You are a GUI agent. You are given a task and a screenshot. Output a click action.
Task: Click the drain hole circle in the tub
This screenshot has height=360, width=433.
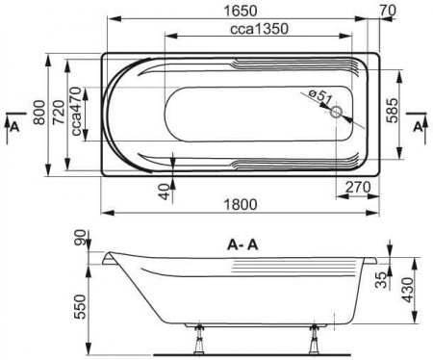(x=336, y=113)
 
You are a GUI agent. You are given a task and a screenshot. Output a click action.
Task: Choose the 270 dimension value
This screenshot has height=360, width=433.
(x=357, y=188)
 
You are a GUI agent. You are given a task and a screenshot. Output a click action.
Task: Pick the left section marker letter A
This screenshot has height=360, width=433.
(x=13, y=125)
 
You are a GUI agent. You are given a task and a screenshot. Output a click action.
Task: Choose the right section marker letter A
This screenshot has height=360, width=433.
(x=417, y=125)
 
